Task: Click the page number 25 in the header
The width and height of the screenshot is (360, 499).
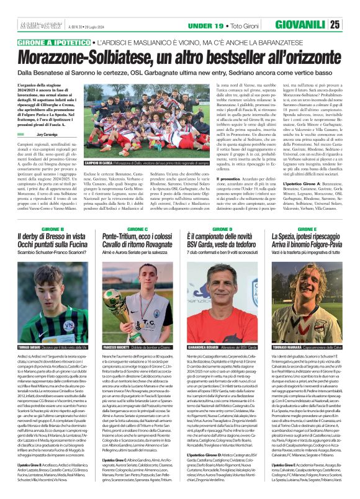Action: tap(351, 25)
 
